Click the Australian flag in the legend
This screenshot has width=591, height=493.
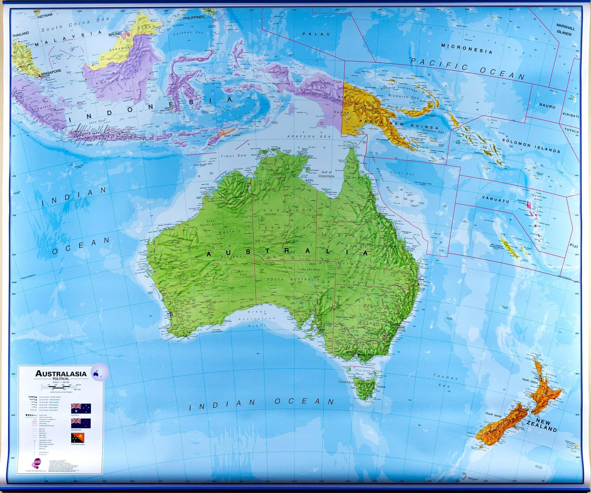81,408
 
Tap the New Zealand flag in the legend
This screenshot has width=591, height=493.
81,423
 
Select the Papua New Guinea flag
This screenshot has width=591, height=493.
78,438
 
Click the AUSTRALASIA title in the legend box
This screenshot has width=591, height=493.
61,374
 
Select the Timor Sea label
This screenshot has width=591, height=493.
233,156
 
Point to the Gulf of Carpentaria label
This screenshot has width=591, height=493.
327,174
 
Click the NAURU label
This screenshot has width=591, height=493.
547,106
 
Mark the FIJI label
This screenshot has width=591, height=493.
574,246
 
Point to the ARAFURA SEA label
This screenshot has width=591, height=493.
309,136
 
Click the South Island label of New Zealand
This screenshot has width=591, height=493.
494,415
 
